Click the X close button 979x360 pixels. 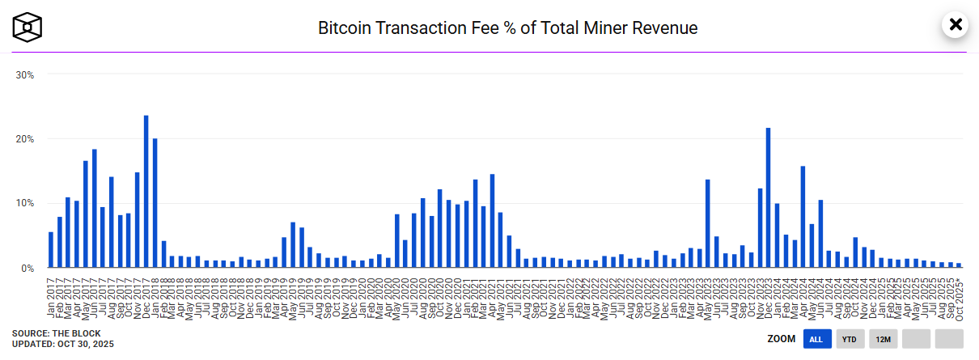[x=956, y=25]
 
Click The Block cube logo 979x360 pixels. [x=27, y=28]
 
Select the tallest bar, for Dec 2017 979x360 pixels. [x=146, y=191]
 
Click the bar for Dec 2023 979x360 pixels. [x=768, y=197]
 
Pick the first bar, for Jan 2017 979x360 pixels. [x=51, y=249]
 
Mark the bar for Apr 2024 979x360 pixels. [x=803, y=217]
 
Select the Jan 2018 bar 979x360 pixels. [x=155, y=202]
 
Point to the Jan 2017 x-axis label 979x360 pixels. [x=51, y=296]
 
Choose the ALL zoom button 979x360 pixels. [x=817, y=339]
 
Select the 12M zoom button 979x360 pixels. [x=883, y=339]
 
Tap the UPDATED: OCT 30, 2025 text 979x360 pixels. [x=63, y=345]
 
